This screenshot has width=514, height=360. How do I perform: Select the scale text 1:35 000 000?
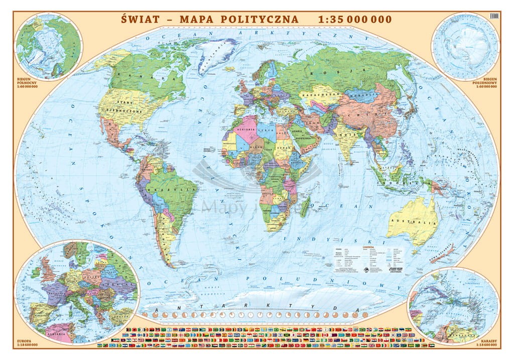[355, 19]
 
